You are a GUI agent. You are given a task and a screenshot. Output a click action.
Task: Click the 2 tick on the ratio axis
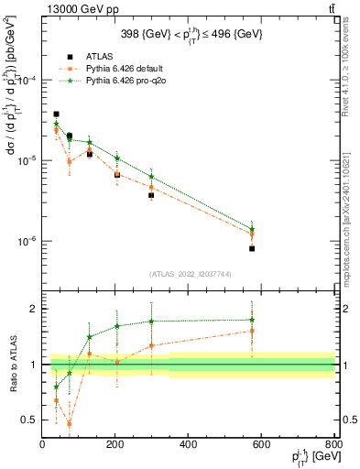(35, 309)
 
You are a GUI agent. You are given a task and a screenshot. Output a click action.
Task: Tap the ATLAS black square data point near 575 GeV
(252, 248)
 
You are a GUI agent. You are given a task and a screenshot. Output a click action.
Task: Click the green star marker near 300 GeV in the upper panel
(151, 177)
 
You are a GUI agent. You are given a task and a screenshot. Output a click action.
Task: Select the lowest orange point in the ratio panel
(69, 423)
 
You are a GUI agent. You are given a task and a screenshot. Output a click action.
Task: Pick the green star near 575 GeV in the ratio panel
(252, 320)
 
